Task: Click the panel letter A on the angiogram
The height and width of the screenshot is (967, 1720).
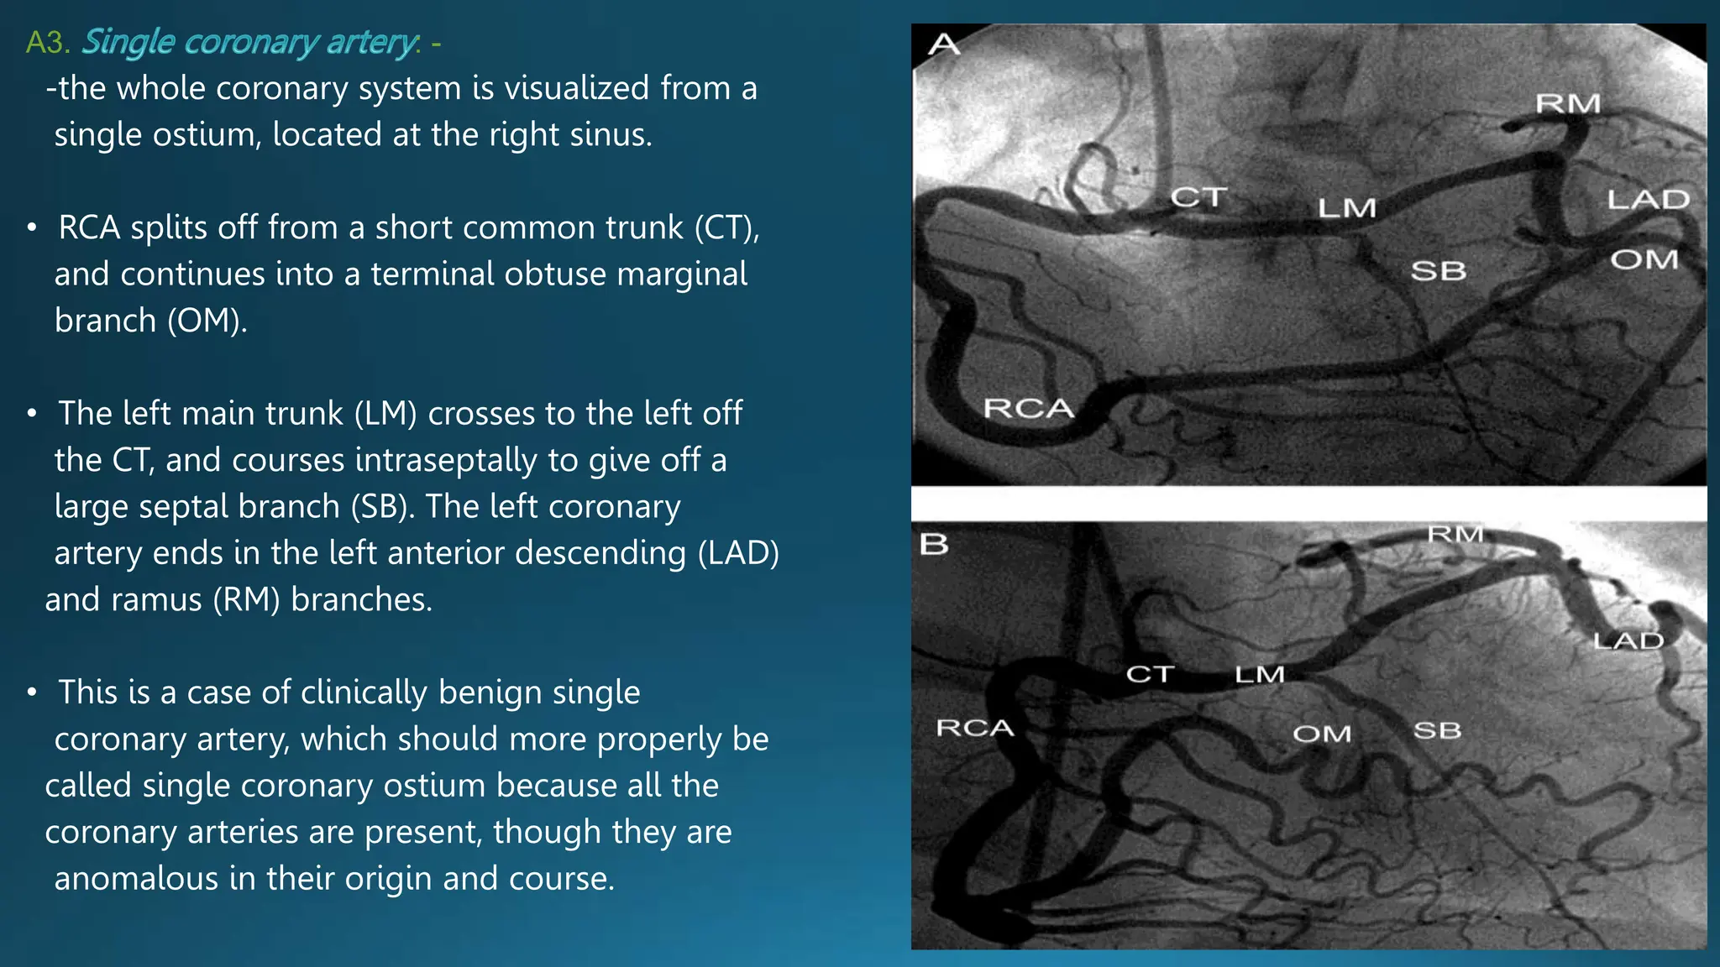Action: [944, 44]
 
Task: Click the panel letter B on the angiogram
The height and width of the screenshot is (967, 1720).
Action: [934, 544]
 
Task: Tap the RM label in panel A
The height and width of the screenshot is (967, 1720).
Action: [1568, 104]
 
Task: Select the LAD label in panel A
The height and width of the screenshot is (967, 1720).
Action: [1648, 200]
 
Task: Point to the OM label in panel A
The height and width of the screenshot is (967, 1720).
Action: [1644, 260]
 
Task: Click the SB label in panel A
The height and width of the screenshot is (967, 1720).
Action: [1438, 271]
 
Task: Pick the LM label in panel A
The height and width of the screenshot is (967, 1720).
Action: [1346, 208]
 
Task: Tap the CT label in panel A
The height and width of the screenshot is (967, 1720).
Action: [1198, 198]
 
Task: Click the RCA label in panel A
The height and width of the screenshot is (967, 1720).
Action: [1028, 409]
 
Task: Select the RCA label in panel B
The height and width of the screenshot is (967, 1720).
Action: [975, 728]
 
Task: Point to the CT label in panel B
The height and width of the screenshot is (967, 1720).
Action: [1150, 674]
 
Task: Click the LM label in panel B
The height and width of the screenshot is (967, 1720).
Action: [1259, 674]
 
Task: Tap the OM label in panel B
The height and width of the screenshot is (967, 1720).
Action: [1321, 734]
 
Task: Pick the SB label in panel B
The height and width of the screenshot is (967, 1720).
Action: [1437, 730]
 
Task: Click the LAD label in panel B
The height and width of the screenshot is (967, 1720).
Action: [1628, 641]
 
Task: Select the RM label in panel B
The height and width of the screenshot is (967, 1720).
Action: [1455, 535]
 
